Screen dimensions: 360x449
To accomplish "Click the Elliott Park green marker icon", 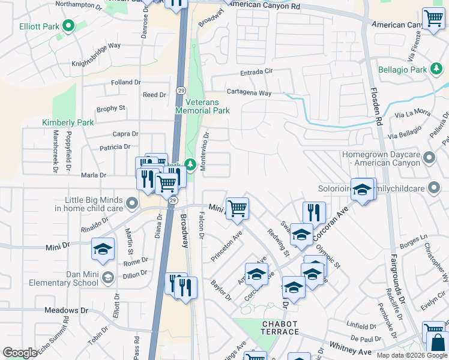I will tap(68, 26).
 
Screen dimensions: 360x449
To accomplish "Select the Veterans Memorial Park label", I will tap(202, 106).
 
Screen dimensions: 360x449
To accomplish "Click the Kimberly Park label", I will tap(68, 122).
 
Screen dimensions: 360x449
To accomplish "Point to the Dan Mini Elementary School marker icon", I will tap(107, 277).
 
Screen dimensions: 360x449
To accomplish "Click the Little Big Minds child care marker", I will tap(132, 205).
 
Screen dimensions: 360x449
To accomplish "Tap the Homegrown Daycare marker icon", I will tap(429, 158).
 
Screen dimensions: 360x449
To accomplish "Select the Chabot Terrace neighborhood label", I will tap(280, 328).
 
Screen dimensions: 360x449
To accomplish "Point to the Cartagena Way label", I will tap(249, 94).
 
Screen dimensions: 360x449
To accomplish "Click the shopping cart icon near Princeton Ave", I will tap(238, 208).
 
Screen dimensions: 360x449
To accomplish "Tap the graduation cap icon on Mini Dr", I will tap(103, 248).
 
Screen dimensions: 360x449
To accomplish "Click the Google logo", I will tap(20, 353).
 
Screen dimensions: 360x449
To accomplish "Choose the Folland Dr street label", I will tap(125, 82).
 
